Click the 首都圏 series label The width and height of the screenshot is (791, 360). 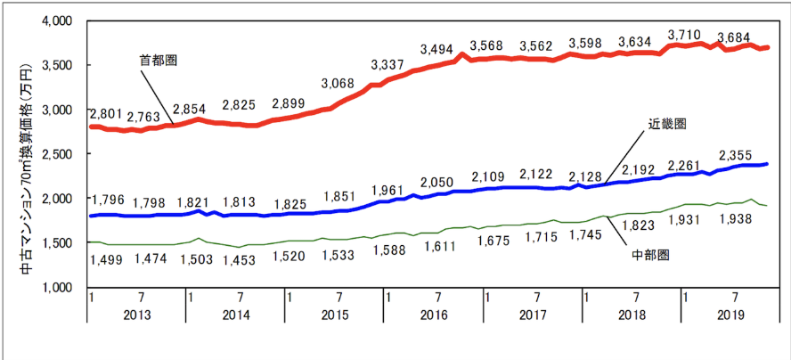pos(159,61)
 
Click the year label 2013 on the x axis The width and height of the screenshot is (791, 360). pos(137,315)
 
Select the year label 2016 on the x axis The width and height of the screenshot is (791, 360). pos(434,315)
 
